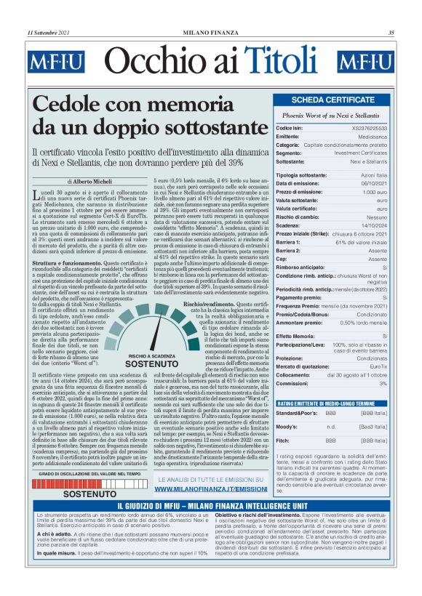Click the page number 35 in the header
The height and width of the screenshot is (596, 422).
(x=391, y=33)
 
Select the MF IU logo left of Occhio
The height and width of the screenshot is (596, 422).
(x=57, y=63)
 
